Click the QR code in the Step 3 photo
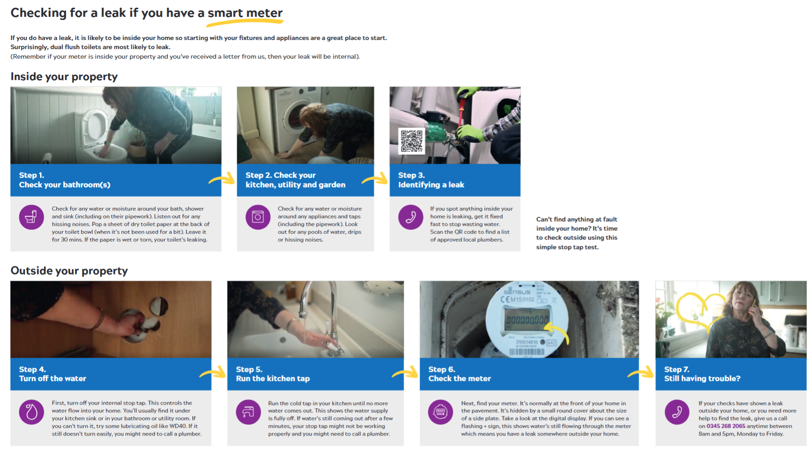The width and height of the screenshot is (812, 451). tap(411, 141)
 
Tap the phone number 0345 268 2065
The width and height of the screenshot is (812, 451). tap(726, 426)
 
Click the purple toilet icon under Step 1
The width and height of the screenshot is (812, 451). tap(31, 217)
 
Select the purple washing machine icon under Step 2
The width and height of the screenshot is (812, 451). tap(258, 217)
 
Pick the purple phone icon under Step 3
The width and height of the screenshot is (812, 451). tap(411, 217)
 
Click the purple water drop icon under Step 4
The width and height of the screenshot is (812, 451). tap(31, 411)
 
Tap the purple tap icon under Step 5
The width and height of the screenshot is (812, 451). tap(248, 411)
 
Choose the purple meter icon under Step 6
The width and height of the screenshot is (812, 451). tap(441, 411)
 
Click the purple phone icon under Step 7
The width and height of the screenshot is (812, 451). tap(677, 411)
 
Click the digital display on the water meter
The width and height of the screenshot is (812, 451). tap(527, 320)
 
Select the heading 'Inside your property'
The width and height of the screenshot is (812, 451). tap(64, 76)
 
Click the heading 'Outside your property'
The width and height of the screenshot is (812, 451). tap(69, 271)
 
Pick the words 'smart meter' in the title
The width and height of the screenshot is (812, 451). tap(245, 13)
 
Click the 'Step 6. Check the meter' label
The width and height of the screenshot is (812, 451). tap(460, 374)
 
